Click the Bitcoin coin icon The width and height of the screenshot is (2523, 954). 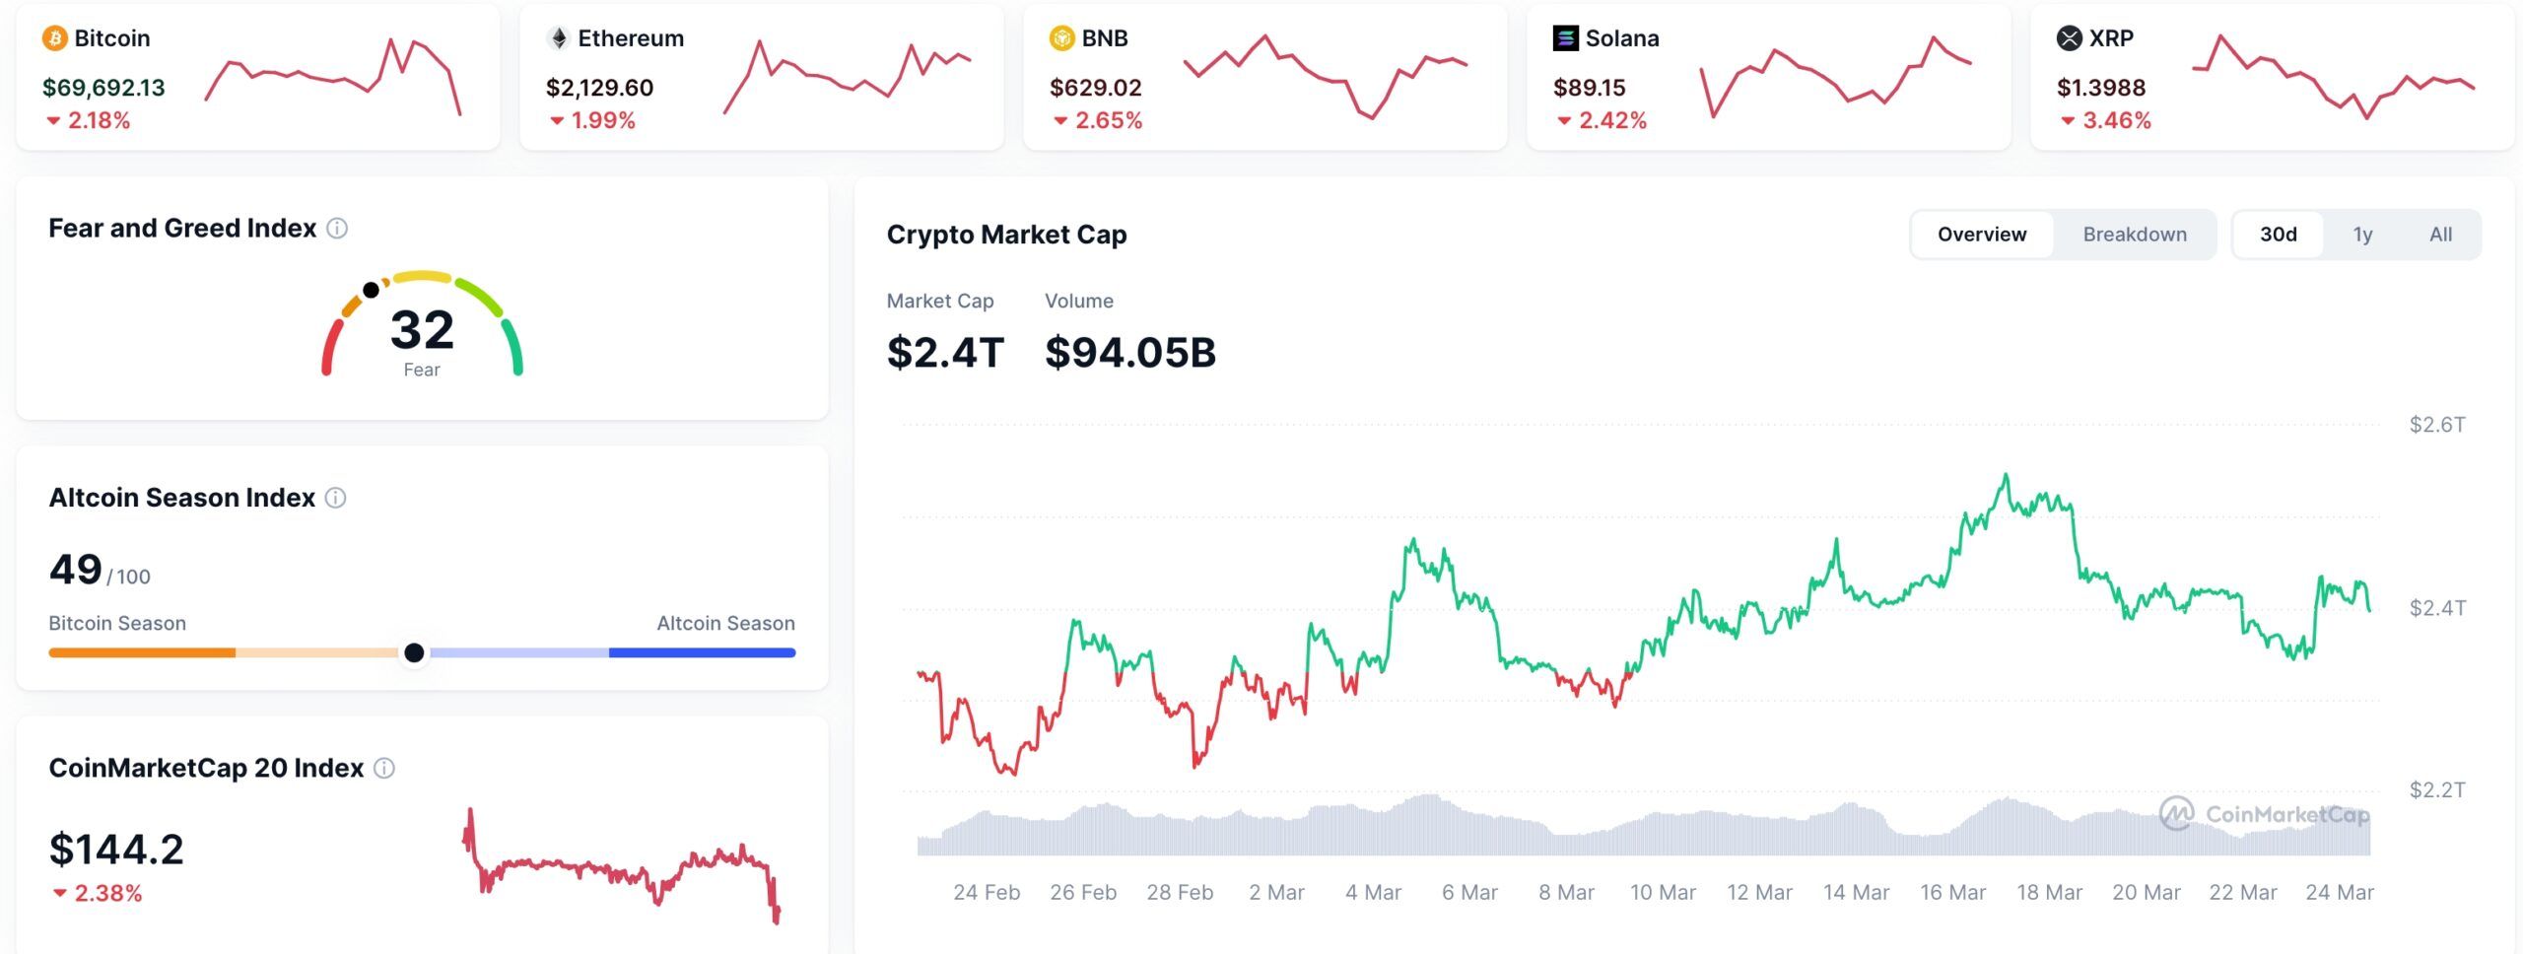coord(54,38)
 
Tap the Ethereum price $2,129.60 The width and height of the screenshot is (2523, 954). coord(599,88)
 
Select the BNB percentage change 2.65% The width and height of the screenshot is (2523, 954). coord(1108,120)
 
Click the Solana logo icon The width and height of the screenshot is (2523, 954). coord(1565,38)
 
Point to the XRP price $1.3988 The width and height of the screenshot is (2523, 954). coord(2100,88)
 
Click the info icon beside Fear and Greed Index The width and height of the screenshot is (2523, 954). coord(337,229)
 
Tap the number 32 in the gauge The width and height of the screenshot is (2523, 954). coord(422,329)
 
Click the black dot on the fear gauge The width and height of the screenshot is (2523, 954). coord(371,290)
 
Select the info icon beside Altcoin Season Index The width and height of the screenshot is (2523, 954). coord(336,498)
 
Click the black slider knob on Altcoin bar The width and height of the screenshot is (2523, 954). coord(414,652)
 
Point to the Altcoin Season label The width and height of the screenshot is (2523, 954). coord(725,623)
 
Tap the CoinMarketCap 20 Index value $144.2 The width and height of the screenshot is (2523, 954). coord(116,850)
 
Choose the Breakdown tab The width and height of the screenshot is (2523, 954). coord(2135,235)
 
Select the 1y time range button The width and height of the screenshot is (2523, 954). coord(2362,235)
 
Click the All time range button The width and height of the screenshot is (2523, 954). coord(2440,235)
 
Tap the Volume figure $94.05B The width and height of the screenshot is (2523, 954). coord(1130,353)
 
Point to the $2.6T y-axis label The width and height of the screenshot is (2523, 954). coord(2437,425)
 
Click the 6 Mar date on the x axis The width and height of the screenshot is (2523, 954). coord(1469,892)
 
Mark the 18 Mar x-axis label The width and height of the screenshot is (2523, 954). coord(2049,892)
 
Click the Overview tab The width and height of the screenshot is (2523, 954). coord(1982,235)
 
